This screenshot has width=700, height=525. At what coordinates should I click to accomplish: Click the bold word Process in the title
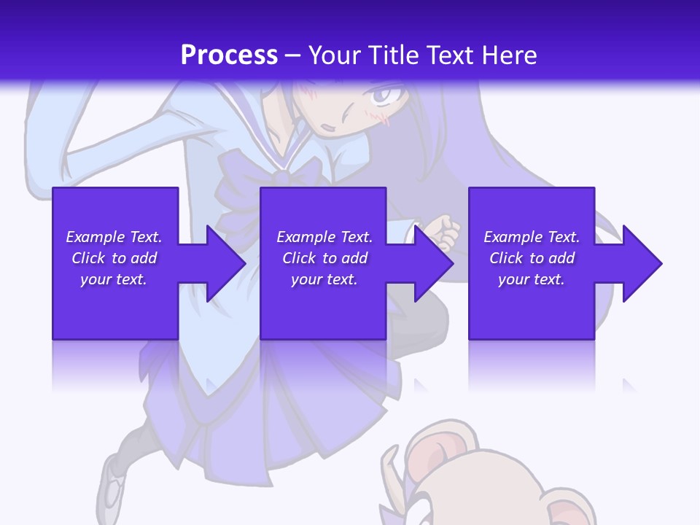point(229,55)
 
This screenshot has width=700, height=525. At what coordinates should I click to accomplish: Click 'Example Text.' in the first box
point(114,237)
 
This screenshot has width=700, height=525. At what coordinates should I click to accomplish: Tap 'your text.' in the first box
point(114,279)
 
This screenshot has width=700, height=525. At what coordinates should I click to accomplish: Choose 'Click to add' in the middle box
point(324,258)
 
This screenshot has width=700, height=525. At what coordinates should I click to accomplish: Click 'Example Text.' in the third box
point(532,237)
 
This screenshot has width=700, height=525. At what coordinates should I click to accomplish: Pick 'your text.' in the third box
point(532,279)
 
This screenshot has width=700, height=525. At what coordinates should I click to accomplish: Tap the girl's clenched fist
point(443,232)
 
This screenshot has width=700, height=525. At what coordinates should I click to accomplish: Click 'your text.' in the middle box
point(324,279)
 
